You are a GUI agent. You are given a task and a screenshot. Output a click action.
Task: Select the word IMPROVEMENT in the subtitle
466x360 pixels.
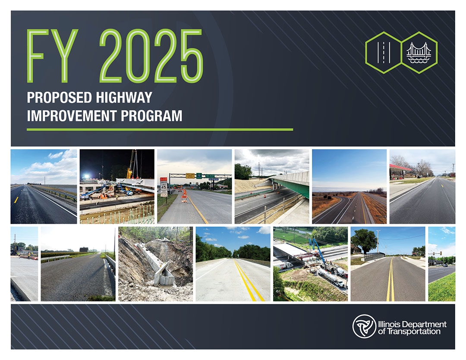point(72,116)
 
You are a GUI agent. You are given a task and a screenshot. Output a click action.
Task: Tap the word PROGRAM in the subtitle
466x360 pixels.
point(151,116)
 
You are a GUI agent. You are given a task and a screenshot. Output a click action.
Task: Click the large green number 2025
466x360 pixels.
point(151,56)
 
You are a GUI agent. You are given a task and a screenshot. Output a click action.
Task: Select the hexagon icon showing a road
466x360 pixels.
point(383,52)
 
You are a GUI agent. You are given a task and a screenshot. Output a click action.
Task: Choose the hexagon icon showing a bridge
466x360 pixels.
point(419,52)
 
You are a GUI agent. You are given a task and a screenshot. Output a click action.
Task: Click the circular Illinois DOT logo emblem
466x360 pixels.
point(364,326)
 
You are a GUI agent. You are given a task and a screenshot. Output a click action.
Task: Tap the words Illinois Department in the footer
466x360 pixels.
point(412,324)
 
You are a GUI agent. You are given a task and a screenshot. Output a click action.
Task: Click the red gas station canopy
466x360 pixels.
point(400,167)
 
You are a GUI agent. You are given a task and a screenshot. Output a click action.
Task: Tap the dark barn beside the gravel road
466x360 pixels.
point(84,249)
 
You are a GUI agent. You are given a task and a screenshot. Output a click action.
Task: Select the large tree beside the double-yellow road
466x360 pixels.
point(364,241)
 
